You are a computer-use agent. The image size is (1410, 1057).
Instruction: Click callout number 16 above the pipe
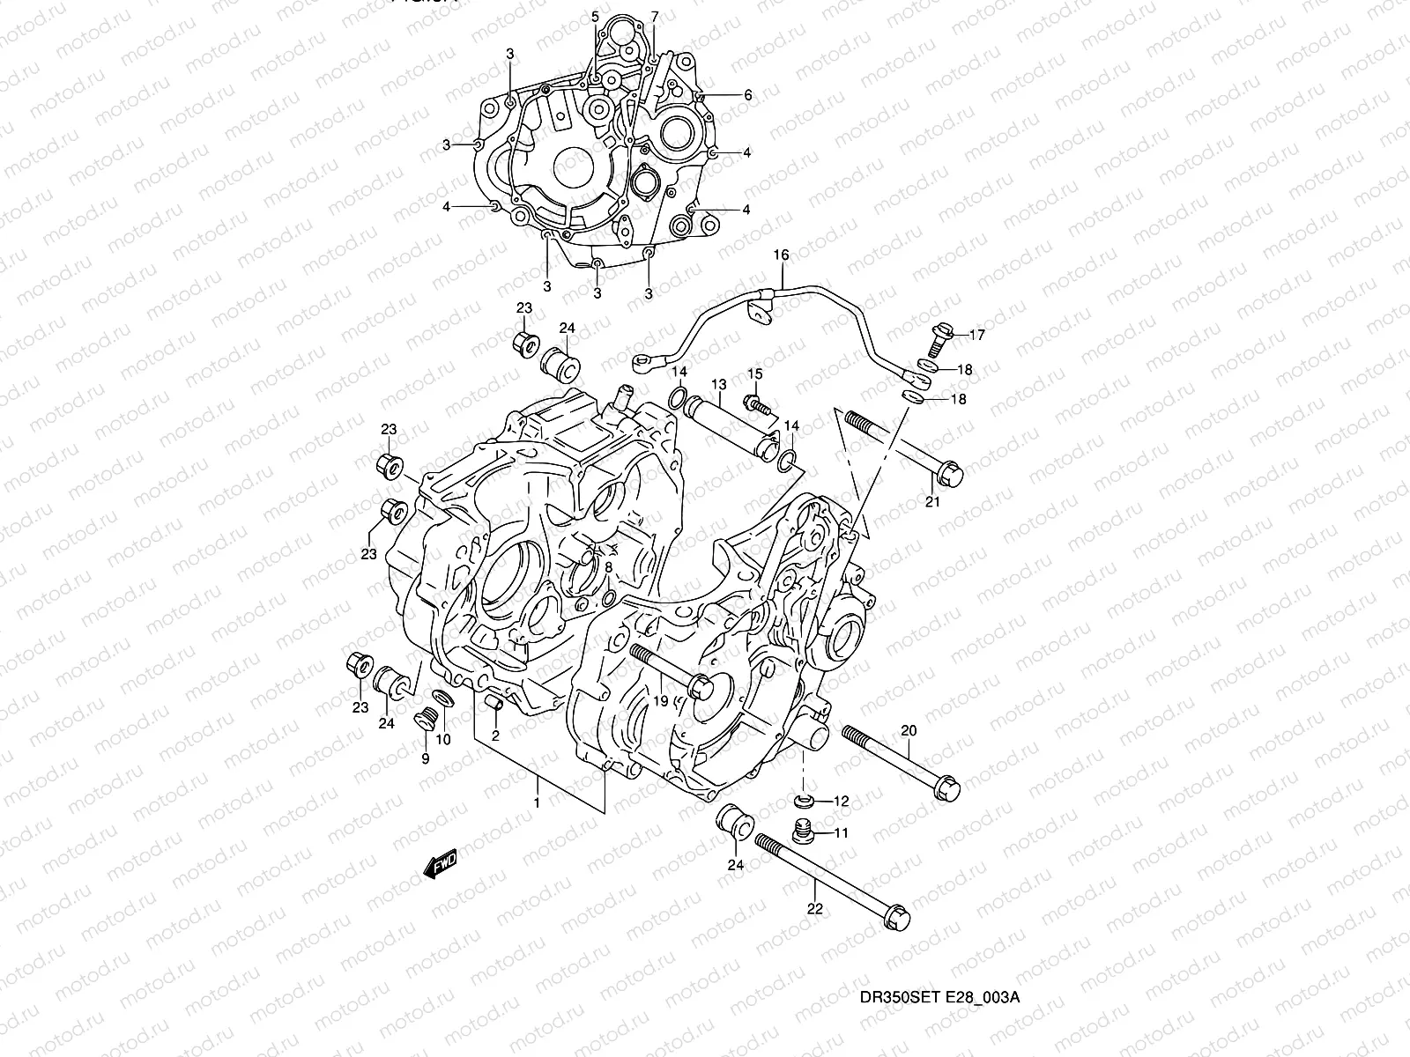pyautogui.click(x=781, y=255)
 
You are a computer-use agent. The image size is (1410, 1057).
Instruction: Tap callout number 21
pyautogui.click(x=932, y=502)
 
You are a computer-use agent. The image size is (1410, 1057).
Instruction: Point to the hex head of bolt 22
pyautogui.click(x=896, y=919)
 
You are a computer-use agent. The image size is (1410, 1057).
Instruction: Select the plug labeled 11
pyautogui.click(x=802, y=829)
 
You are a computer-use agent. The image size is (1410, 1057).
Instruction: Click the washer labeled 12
pyautogui.click(x=803, y=801)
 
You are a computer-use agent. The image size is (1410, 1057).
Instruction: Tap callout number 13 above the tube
pyautogui.click(x=718, y=384)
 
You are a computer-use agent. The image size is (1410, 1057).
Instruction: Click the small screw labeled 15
pyautogui.click(x=756, y=404)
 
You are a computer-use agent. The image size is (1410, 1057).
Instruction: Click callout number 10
pyautogui.click(x=442, y=739)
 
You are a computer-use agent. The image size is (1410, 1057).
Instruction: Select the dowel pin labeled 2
pyautogui.click(x=495, y=704)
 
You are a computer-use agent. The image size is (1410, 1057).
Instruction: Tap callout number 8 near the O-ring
pyautogui.click(x=608, y=567)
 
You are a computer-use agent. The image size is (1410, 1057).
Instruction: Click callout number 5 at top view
pyautogui.click(x=595, y=17)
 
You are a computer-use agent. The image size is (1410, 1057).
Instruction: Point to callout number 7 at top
pyautogui.click(x=655, y=17)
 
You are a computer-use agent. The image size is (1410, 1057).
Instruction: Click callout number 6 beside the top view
pyautogui.click(x=747, y=95)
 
